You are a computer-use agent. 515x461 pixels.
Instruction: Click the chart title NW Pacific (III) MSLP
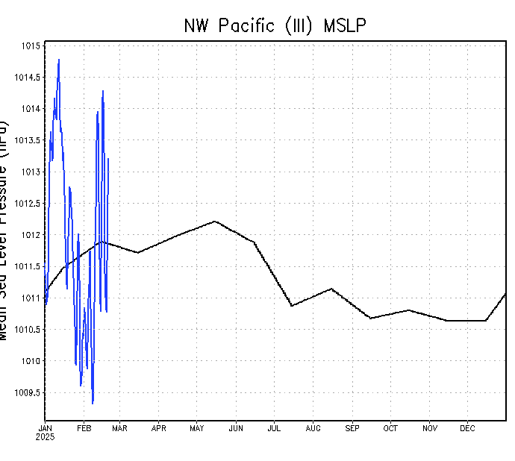[x=275, y=25]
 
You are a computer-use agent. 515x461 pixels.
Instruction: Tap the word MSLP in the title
[x=345, y=25]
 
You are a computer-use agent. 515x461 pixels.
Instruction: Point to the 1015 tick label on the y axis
[x=31, y=46]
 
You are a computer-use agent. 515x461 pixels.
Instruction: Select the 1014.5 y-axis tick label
[x=28, y=78]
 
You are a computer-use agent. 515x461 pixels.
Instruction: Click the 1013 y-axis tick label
[x=31, y=172]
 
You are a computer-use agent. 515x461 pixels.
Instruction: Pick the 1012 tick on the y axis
[x=31, y=235]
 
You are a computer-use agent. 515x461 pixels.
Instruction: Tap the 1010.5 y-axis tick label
[x=28, y=330]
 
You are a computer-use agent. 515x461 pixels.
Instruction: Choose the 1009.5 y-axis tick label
[x=28, y=393]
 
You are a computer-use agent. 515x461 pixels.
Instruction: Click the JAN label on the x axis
[x=45, y=428]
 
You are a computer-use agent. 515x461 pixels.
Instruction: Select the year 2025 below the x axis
[x=45, y=437]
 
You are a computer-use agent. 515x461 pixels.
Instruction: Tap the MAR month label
[x=119, y=428]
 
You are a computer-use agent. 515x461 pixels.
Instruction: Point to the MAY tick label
[x=197, y=428]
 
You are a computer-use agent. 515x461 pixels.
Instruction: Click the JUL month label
[x=274, y=428]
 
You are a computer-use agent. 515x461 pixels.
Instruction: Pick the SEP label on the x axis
[x=352, y=428]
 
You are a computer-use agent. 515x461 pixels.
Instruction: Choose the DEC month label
[x=467, y=428]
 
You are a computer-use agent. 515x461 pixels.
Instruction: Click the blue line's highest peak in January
[x=58, y=60]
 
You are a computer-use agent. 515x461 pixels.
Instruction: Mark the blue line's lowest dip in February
[x=93, y=403]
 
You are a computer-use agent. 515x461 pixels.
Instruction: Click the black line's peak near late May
[x=215, y=221]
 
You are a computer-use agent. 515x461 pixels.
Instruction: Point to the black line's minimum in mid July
[x=292, y=306]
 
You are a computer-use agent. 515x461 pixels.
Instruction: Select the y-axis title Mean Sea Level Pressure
[x=6, y=224]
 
